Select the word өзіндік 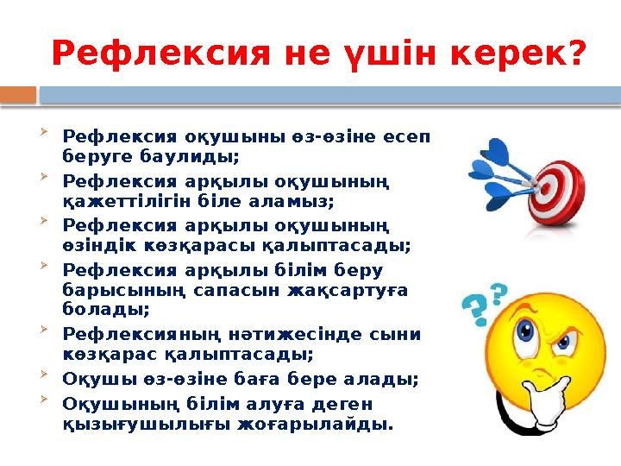click(x=97, y=245)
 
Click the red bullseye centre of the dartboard click(x=543, y=184)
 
